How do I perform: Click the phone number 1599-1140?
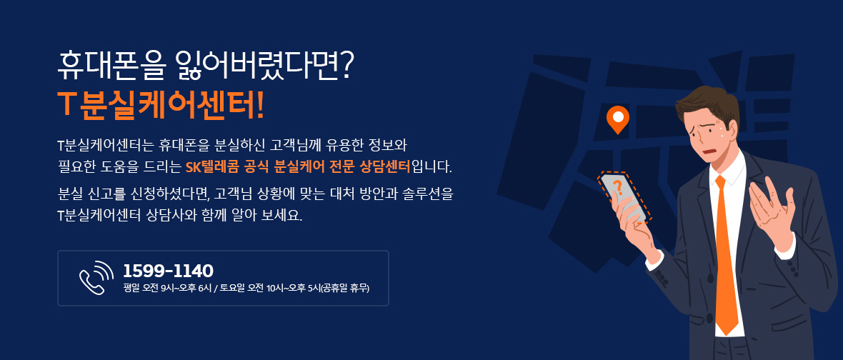click(x=169, y=270)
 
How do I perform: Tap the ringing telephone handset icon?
click(x=96, y=277)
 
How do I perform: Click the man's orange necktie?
click(x=727, y=253)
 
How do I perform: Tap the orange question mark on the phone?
click(x=617, y=188)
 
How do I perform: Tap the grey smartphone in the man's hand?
click(x=624, y=196)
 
